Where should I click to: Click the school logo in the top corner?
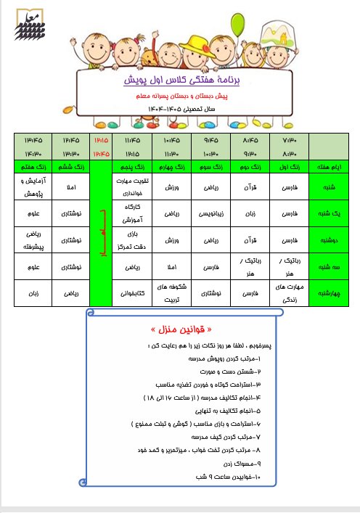click(x=28, y=22)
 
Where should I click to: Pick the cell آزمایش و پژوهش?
click(x=33, y=186)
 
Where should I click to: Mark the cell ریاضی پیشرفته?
click(x=33, y=240)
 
